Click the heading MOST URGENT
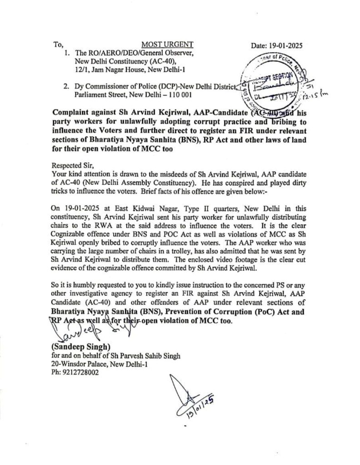(x=167, y=45)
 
